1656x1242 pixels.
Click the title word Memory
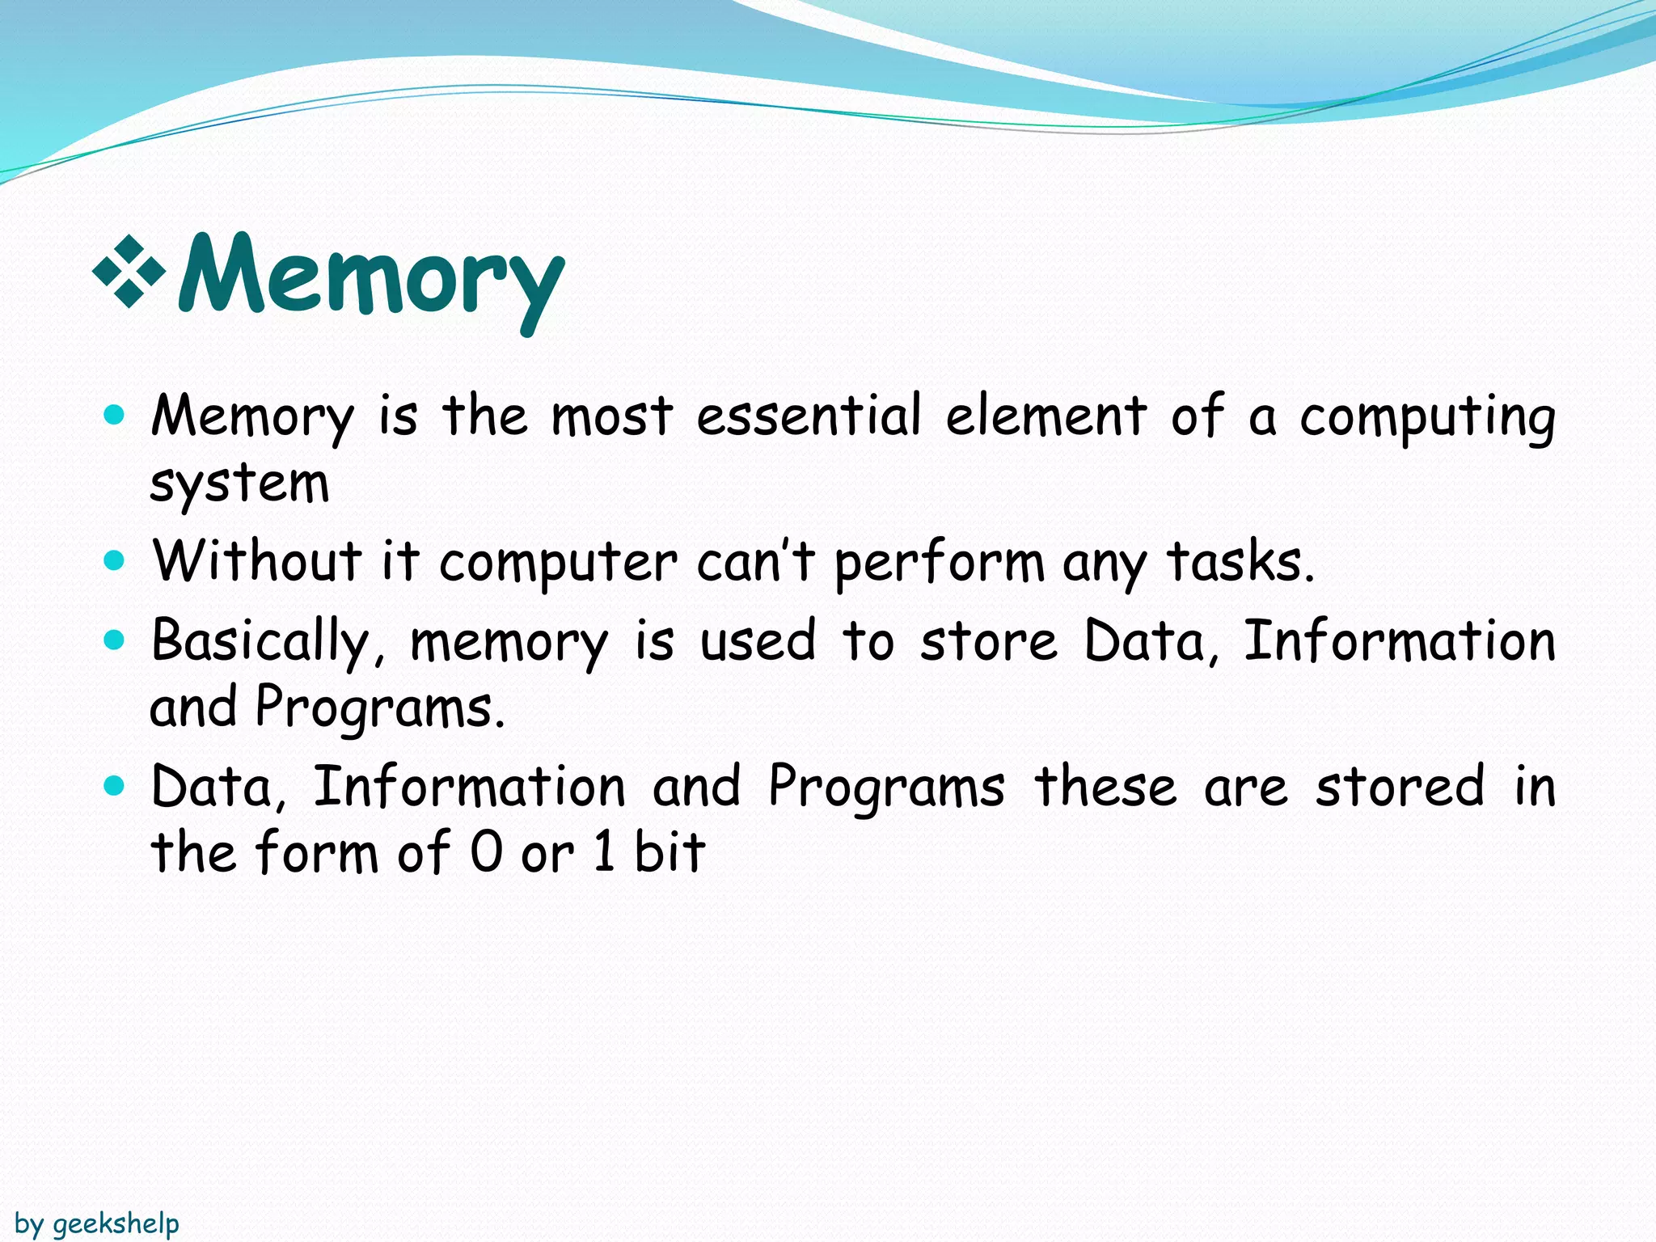click(x=370, y=279)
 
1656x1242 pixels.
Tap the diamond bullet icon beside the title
click(x=129, y=272)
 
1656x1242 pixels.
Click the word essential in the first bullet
click(x=808, y=416)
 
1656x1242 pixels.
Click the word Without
click(x=257, y=560)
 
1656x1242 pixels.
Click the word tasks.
click(x=1240, y=560)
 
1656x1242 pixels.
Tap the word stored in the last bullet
click(x=1400, y=786)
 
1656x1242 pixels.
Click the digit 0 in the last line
click(x=487, y=852)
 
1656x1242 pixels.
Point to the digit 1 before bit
click(x=604, y=852)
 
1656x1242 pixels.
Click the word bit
click(x=670, y=852)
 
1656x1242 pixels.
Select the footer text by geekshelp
click(x=97, y=1223)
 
